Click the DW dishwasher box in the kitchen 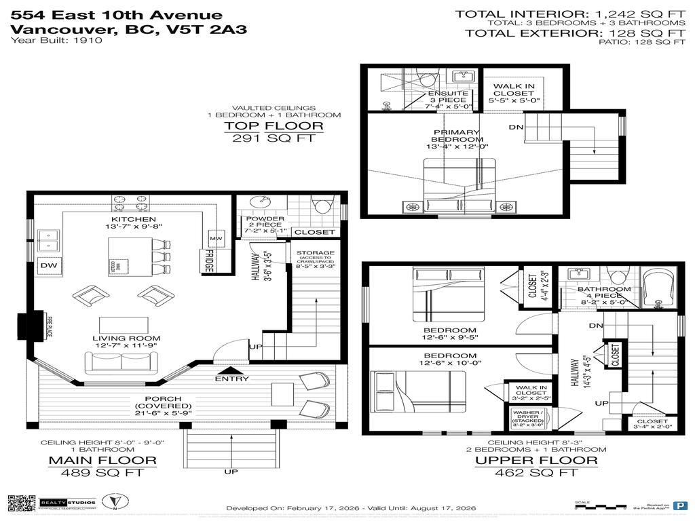pos(48,265)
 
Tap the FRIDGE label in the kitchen pos(208,261)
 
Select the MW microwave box pos(216,239)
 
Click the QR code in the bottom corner pos(21,503)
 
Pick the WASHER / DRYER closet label pos(528,417)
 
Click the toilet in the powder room pos(321,205)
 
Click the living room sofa pos(121,362)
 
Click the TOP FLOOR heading pos(274,126)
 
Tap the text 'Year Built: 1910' pos(56,41)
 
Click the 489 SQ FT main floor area pos(103,473)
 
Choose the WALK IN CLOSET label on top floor pos(513,93)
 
